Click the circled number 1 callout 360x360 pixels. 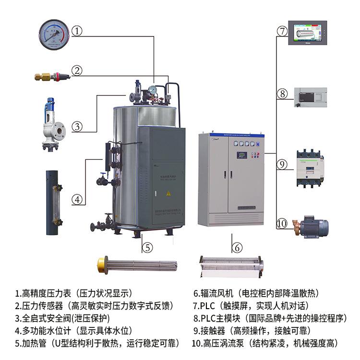[x=78, y=31]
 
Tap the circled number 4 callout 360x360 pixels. [x=78, y=199]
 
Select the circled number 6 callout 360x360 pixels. [x=237, y=248]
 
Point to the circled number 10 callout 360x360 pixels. [x=282, y=223]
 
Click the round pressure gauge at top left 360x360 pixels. [x=54, y=34]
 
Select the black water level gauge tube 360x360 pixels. [x=54, y=202]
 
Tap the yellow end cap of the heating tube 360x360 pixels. [x=101, y=263]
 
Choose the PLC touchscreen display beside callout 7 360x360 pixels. [x=307, y=33]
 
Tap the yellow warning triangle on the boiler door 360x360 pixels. [x=168, y=193]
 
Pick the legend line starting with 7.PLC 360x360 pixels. [x=250, y=305]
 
